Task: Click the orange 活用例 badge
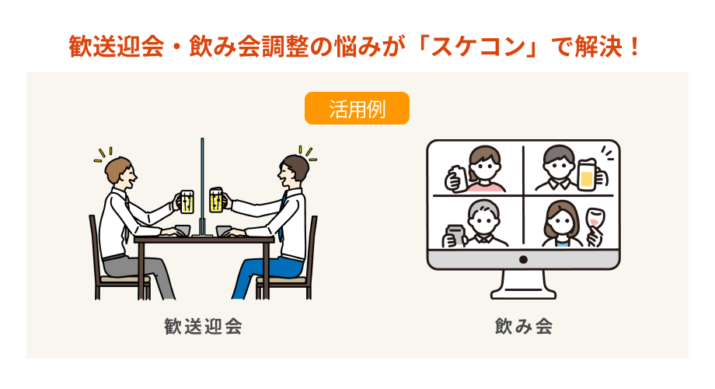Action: click(x=357, y=108)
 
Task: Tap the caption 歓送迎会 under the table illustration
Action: click(x=203, y=327)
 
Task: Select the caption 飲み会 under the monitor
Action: click(x=524, y=327)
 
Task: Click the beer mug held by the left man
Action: click(x=187, y=202)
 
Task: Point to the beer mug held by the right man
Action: click(x=216, y=200)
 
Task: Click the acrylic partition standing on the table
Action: click(x=202, y=187)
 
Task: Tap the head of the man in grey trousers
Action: click(x=120, y=170)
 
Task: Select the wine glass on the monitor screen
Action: click(x=595, y=222)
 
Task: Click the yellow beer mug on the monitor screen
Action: click(x=587, y=174)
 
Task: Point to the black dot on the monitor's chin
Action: click(x=524, y=259)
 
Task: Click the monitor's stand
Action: click(x=524, y=285)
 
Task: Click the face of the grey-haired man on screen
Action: click(x=484, y=222)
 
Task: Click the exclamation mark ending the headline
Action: click(x=633, y=47)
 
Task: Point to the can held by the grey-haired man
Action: click(x=454, y=236)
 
